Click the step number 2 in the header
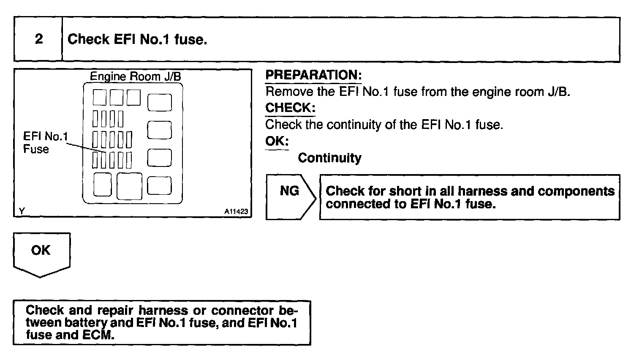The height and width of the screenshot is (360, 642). pos(38,39)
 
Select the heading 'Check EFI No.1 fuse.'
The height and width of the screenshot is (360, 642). pos(137,39)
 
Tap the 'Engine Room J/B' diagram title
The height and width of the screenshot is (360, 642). pos(136,76)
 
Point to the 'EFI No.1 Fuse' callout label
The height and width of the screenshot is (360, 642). pos(45,142)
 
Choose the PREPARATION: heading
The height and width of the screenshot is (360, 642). pos(313,75)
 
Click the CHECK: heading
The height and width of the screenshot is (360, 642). pos(290,108)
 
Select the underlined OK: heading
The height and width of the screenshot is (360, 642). pos(277,141)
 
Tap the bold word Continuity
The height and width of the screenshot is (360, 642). pos(329,158)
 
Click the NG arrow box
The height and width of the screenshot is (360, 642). pos(290,196)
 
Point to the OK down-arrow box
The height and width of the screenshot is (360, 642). pos(41,254)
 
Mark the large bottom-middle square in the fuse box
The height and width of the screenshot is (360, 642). pos(129,186)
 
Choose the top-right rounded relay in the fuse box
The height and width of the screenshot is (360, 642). pos(159,103)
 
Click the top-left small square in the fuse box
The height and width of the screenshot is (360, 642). pos(100,97)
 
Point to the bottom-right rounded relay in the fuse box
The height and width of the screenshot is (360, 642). pos(159,185)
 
